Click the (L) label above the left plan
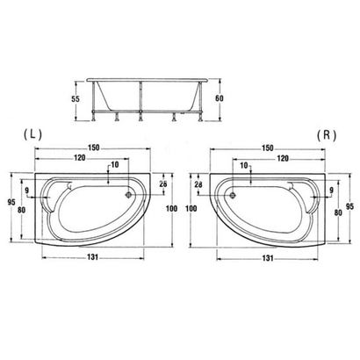click(31, 137)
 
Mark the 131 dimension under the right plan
click(267, 259)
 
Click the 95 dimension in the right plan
click(349, 207)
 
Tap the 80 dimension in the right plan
click(337, 212)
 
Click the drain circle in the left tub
click(129, 197)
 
